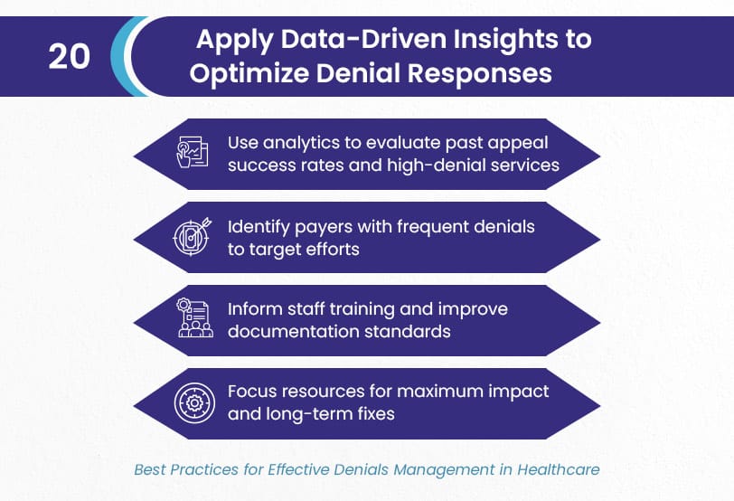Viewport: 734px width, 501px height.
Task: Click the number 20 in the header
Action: click(70, 57)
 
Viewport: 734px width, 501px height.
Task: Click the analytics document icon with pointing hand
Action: click(192, 152)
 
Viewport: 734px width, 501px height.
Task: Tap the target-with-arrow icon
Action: click(192, 236)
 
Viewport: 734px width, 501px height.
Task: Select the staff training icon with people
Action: click(194, 318)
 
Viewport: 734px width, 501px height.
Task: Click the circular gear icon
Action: click(194, 402)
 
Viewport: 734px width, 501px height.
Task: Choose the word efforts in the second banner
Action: click(333, 249)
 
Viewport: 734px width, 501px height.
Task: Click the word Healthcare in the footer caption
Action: click(558, 469)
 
